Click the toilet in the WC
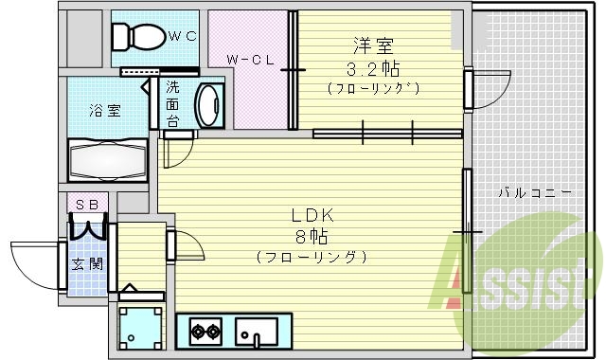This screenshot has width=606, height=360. (x=135, y=37)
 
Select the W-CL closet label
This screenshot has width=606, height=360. (x=250, y=60)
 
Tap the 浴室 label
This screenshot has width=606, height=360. (x=106, y=109)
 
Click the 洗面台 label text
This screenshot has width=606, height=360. (x=172, y=104)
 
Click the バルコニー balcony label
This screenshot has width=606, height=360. (x=535, y=193)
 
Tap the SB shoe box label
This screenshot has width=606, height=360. (x=87, y=204)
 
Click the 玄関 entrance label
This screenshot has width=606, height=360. (x=88, y=262)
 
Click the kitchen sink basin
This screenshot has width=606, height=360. (x=257, y=333)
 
